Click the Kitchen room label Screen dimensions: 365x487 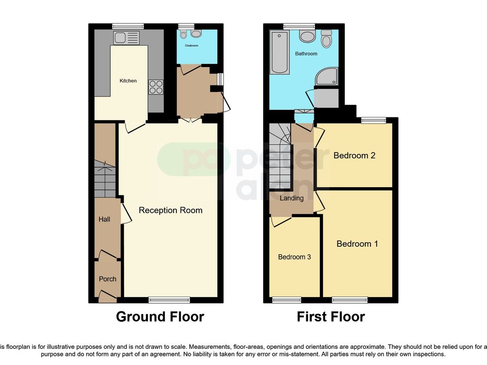[128, 81]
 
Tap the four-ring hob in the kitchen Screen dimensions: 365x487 [156, 87]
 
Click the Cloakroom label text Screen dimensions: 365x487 [191, 47]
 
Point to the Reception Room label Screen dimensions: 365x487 [170, 210]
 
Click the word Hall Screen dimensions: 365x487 [104, 219]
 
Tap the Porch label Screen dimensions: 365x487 [107, 279]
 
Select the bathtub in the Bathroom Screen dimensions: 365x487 [279, 53]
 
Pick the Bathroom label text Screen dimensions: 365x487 [306, 54]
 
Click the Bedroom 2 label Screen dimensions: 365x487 [354, 155]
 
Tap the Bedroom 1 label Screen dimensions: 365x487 [357, 244]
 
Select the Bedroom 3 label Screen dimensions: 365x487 [294, 257]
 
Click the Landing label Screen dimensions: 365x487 [292, 198]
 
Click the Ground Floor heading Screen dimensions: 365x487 [160, 317]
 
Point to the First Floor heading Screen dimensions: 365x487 [331, 317]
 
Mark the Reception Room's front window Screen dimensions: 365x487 [169, 300]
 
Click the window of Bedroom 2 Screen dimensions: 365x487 [373, 121]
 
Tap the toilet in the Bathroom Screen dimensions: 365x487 [326, 39]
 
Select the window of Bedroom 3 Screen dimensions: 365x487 [286, 300]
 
